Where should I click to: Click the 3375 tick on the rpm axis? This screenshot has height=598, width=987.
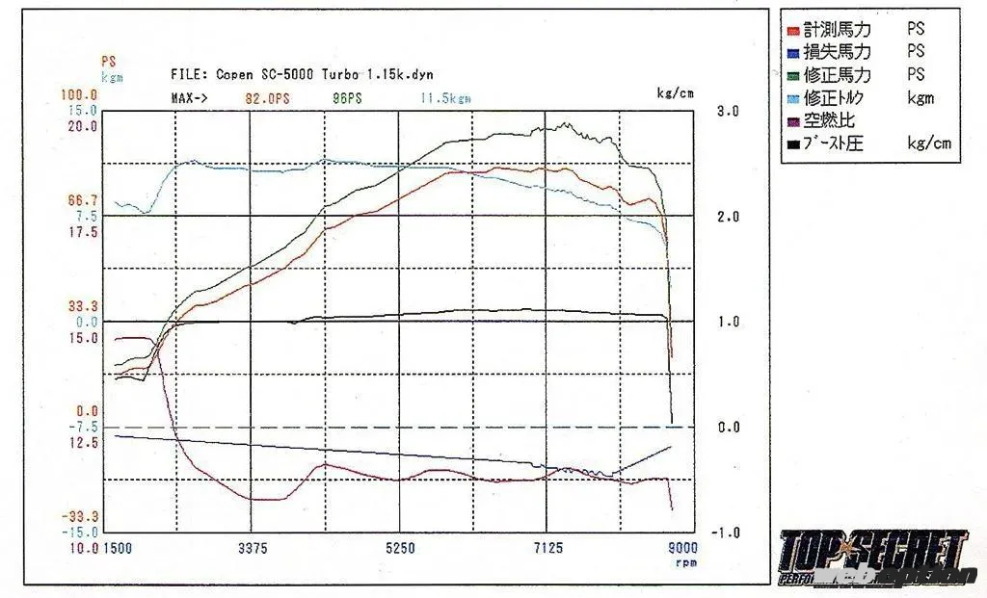[253, 548]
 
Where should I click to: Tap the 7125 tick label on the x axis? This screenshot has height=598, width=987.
[547, 548]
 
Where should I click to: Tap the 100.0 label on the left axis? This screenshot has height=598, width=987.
[79, 95]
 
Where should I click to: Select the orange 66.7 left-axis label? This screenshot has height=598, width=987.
[82, 200]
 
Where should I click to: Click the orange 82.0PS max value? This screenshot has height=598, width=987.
[268, 98]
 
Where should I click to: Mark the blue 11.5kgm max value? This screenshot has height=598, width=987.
[446, 98]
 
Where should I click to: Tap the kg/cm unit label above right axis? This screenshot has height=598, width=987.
[676, 94]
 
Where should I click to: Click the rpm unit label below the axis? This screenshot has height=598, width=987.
[685, 562]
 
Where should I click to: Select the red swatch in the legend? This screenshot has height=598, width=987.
[792, 30]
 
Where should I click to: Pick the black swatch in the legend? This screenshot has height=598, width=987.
[792, 144]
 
